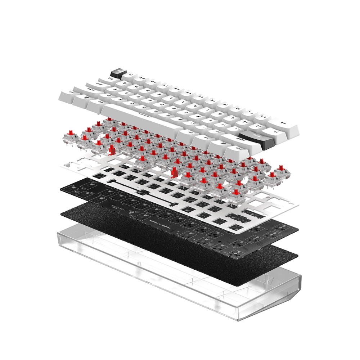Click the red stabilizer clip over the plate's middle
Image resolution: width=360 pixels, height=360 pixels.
(174, 173)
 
